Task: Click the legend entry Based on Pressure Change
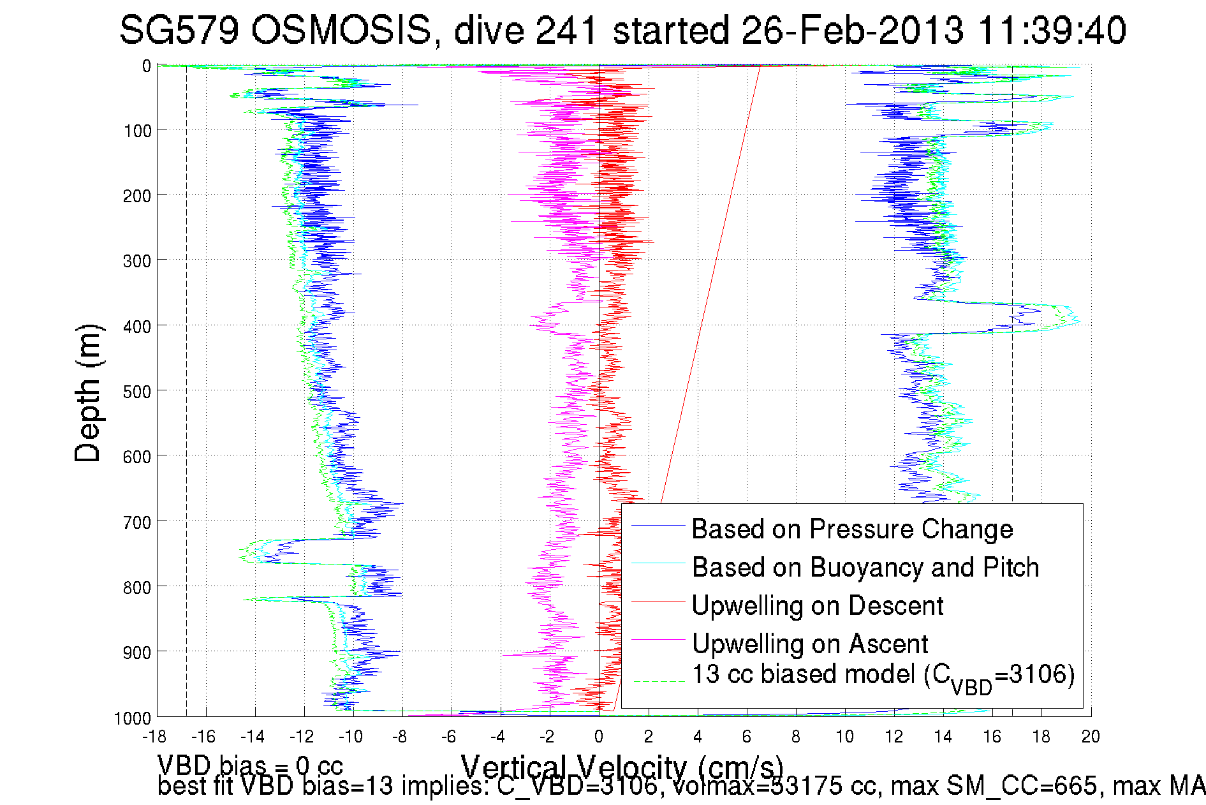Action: point(851,529)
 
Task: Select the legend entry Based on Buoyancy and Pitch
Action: point(865,568)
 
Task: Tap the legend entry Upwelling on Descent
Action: point(817,606)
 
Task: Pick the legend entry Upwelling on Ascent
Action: point(809,644)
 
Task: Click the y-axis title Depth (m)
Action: point(88,393)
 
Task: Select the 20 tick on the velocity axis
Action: point(1091,737)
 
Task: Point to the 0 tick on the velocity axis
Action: point(598,737)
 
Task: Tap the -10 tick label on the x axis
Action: point(350,737)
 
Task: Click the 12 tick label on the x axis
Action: point(893,737)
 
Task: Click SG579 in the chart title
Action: point(179,30)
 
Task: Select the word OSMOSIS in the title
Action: point(341,30)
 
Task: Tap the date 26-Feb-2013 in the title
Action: point(853,30)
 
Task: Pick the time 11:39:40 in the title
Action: point(1052,30)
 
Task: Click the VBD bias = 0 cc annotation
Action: point(250,765)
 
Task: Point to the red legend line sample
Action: point(658,602)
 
